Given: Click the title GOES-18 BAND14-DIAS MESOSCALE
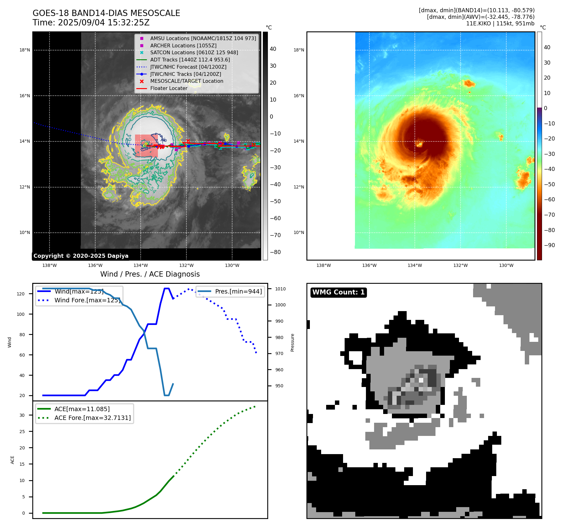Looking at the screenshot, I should (106, 13).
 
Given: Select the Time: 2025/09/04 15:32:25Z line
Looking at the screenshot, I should (91, 23).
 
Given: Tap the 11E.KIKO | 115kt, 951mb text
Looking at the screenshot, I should (500, 24).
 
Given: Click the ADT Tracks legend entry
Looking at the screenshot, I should (190, 60).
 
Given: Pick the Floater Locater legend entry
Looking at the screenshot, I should (169, 88).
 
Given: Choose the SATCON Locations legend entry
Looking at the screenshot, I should (194, 52).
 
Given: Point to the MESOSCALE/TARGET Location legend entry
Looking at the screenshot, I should (187, 81).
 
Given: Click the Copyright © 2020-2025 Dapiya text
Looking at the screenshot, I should (81, 256).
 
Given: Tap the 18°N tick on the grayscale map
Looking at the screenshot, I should (25, 50).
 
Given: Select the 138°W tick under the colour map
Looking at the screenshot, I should (324, 265).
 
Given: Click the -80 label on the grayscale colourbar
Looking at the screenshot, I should (275, 252).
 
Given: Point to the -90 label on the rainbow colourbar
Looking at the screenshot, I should (549, 245).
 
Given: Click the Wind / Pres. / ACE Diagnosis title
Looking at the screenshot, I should (150, 274).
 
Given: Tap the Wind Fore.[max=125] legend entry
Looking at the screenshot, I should (87, 300).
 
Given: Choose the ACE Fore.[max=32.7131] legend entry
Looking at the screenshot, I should (92, 418).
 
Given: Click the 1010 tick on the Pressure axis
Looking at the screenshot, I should (280, 289).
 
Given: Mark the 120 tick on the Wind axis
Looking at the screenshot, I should (21, 294).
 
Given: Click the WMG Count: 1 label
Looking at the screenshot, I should (338, 292).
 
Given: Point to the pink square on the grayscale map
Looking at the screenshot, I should (146, 146).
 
